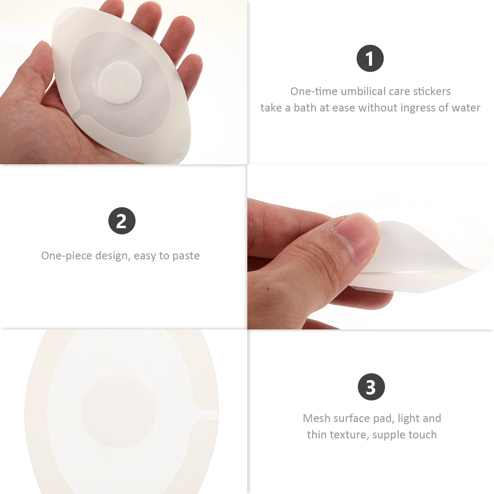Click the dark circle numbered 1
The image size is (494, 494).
click(x=370, y=58)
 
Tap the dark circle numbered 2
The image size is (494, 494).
click(x=122, y=221)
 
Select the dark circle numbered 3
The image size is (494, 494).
click(x=371, y=387)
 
